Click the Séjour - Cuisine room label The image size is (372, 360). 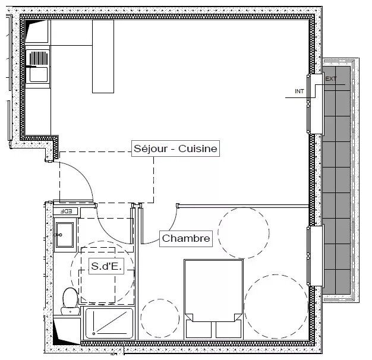tap(175, 149)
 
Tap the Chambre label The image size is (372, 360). tap(186, 239)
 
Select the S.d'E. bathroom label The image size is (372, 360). tap(106, 266)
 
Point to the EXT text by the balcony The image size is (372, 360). tap(331, 79)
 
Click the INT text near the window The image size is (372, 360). tap(299, 91)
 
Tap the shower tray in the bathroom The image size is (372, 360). tap(109, 323)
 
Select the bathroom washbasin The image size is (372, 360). tap(64, 235)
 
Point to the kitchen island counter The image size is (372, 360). tap(103, 56)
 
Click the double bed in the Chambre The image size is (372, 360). tap(213, 299)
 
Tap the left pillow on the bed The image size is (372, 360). tap(198, 330)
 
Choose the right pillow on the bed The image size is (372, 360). tap(228, 330)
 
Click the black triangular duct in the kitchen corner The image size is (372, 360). tap(28, 30)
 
